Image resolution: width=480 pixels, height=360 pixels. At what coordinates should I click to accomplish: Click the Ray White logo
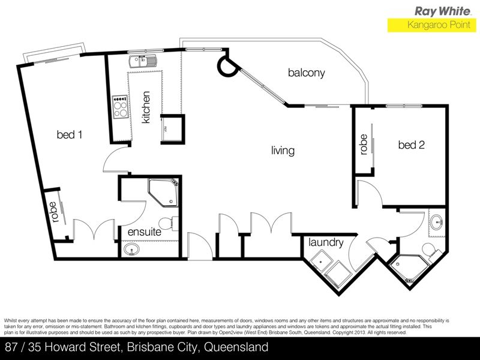pyautogui.click(x=443, y=11)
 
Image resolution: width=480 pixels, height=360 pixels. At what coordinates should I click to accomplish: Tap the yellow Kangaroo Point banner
pyautogui.click(x=432, y=25)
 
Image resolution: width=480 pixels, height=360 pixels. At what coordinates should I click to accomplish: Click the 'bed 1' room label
pyautogui.click(x=70, y=134)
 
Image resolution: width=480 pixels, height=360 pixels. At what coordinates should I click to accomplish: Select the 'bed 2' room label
pyautogui.click(x=412, y=145)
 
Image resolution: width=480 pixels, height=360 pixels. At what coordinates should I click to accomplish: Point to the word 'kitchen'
pyautogui.click(x=146, y=107)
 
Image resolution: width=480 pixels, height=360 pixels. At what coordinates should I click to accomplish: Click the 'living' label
pyautogui.click(x=283, y=151)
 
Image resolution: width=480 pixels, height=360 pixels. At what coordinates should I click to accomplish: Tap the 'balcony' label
pyautogui.click(x=306, y=73)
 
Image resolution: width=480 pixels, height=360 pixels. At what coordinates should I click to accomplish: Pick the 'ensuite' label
pyautogui.click(x=145, y=232)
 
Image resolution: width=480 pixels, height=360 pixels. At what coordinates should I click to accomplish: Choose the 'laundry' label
pyautogui.click(x=326, y=242)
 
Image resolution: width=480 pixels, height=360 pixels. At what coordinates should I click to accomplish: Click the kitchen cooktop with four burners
pyautogui.click(x=120, y=107)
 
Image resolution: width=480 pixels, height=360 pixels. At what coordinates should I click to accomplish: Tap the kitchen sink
pyautogui.click(x=142, y=61)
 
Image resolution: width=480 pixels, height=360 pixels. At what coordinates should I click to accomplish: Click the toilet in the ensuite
pyautogui.click(x=169, y=223)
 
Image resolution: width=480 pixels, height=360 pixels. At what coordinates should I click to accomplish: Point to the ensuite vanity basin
pyautogui.click(x=132, y=250)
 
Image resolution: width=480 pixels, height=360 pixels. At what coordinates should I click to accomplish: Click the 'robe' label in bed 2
pyautogui.click(x=364, y=145)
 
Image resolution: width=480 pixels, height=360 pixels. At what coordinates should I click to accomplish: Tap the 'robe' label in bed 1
pyautogui.click(x=55, y=212)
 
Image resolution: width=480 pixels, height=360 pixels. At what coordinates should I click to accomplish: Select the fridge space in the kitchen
pyautogui.click(x=173, y=128)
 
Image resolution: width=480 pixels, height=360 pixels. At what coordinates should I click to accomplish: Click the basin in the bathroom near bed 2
pyautogui.click(x=436, y=222)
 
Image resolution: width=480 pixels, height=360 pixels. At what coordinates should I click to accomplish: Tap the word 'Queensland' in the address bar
pyautogui.click(x=236, y=347)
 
